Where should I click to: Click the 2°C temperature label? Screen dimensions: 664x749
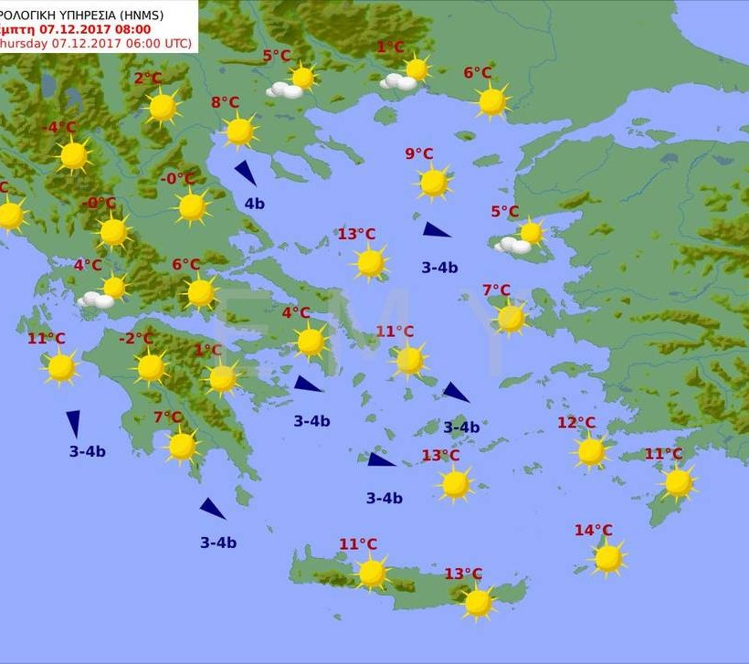148,79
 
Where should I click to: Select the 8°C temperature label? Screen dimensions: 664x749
225,103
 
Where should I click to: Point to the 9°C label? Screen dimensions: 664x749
419,154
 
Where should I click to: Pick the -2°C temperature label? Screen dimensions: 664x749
136,340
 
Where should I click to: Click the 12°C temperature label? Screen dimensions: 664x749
576,423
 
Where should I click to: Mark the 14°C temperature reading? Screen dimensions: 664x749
593,531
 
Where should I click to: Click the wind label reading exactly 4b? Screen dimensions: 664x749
254,204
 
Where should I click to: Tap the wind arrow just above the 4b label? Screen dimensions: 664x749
245,173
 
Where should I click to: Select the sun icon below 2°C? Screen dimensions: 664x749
163,108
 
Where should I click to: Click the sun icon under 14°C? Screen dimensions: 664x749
608,558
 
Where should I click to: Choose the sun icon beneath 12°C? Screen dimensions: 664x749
591,451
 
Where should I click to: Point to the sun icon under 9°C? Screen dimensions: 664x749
434,183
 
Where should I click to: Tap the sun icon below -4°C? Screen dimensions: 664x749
74,156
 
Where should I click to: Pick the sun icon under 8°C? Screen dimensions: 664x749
239,132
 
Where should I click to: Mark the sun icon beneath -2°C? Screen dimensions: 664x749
151,367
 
